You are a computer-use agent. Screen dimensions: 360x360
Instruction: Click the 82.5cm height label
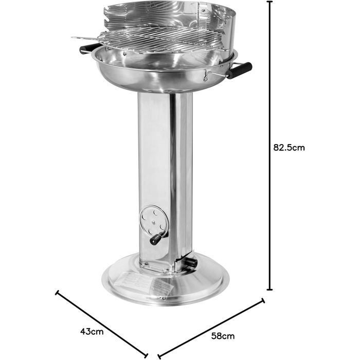click(x=289, y=148)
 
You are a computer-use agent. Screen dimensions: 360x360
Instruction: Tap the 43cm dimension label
click(x=92, y=332)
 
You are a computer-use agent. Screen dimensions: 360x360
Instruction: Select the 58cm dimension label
click(x=223, y=336)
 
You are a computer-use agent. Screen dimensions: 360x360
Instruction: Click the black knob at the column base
click(x=191, y=262)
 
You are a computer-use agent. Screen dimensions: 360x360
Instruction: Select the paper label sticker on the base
click(x=143, y=283)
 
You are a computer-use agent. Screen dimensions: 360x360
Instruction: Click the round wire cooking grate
click(x=160, y=39)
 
